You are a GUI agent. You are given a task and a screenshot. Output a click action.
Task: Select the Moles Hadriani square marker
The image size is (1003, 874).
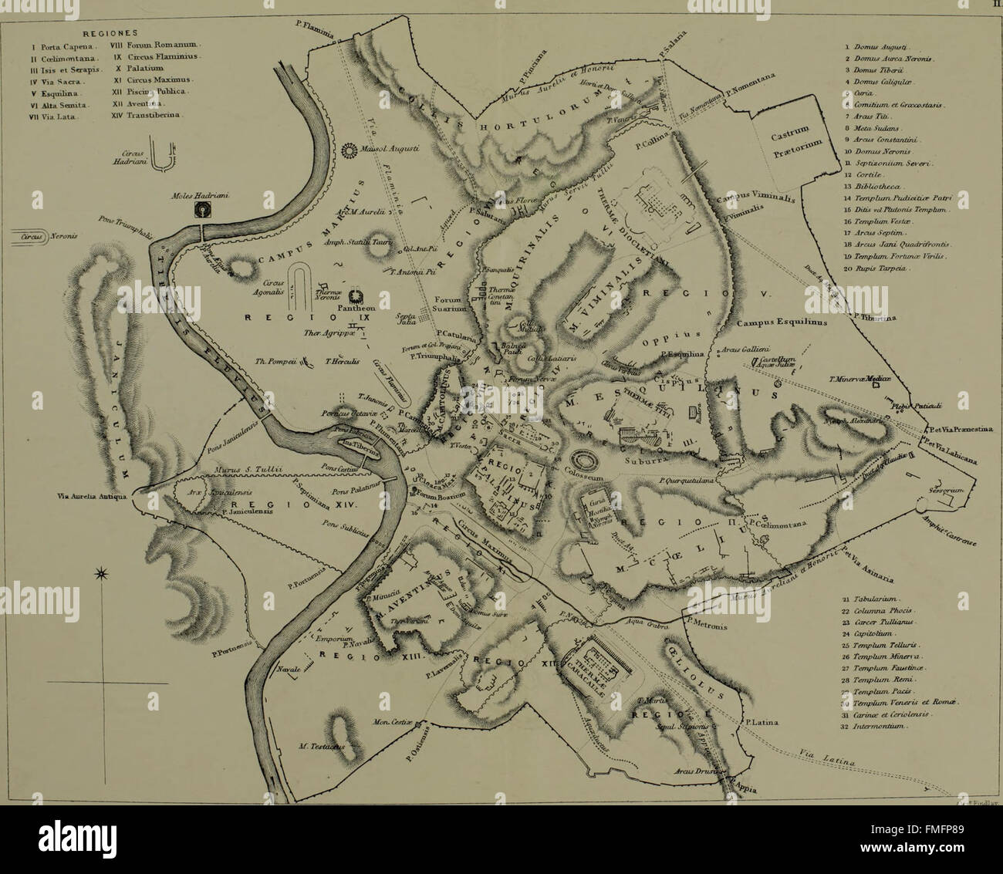[x=203, y=210]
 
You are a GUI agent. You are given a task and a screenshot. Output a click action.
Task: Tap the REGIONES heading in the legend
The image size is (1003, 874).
[x=109, y=33]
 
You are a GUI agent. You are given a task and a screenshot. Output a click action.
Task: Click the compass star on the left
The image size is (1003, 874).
[x=100, y=574]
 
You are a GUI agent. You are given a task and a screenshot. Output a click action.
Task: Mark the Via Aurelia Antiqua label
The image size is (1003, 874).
[x=90, y=497]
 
